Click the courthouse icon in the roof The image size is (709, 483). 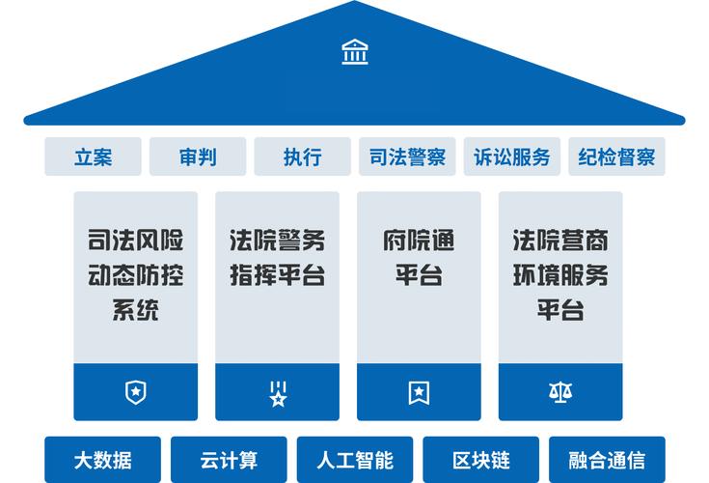(x=354, y=52)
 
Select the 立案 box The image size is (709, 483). (x=93, y=156)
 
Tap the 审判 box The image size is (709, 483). (x=198, y=156)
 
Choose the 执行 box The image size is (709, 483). (x=302, y=156)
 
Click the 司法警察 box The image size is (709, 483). (x=407, y=156)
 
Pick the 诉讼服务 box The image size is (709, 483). (x=512, y=156)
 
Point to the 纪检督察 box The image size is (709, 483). (x=616, y=156)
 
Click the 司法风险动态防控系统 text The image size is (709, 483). (x=135, y=275)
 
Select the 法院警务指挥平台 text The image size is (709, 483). (x=277, y=257)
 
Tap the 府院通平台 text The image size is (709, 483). (x=419, y=257)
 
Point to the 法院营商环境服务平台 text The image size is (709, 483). (x=560, y=275)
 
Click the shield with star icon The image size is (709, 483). (x=135, y=392)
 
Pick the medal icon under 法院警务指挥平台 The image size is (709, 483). (x=277, y=393)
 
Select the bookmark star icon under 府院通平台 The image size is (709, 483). (x=419, y=392)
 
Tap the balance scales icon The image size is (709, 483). (x=559, y=392)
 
